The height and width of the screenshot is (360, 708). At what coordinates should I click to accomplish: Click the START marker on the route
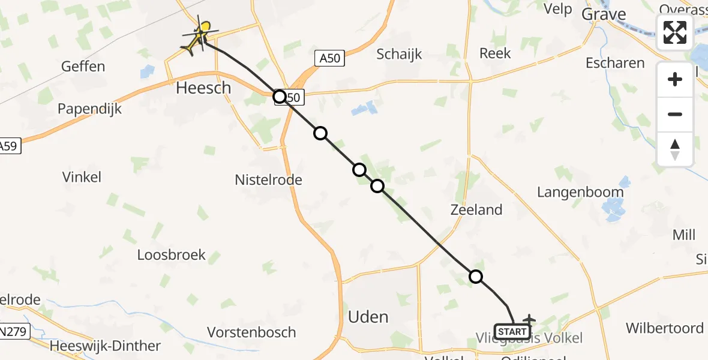click(512, 332)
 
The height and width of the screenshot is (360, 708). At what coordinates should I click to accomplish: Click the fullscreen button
click(675, 32)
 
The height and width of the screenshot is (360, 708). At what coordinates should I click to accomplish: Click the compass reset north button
click(675, 149)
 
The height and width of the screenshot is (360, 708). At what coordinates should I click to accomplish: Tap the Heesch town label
click(203, 88)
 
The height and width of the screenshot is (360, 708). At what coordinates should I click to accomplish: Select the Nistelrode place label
click(268, 179)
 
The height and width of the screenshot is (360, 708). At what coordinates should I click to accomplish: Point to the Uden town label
click(368, 317)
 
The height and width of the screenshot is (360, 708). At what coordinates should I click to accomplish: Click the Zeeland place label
click(476, 209)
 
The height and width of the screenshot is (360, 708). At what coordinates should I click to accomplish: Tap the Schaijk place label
click(399, 54)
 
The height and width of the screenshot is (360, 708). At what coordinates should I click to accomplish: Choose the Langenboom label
click(580, 192)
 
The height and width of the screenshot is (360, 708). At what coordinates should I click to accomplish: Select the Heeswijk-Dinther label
click(106, 346)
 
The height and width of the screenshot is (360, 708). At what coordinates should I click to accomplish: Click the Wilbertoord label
click(665, 328)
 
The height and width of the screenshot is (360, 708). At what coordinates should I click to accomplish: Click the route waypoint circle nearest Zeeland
click(475, 277)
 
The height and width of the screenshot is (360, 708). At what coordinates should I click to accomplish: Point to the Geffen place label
click(83, 67)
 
